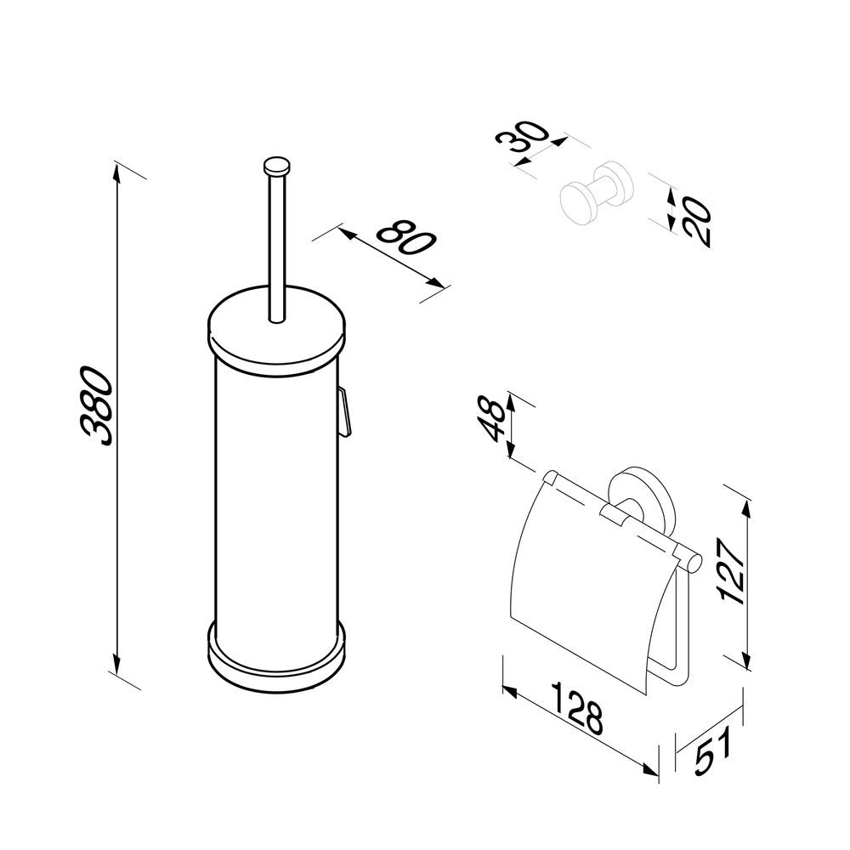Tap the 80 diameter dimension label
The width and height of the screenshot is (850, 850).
tap(406, 237)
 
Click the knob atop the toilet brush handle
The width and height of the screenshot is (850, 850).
tap(276, 166)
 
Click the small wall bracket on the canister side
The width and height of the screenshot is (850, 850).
tap(345, 411)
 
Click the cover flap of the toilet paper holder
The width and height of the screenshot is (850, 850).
tap(589, 580)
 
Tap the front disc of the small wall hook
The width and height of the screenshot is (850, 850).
tap(577, 202)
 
